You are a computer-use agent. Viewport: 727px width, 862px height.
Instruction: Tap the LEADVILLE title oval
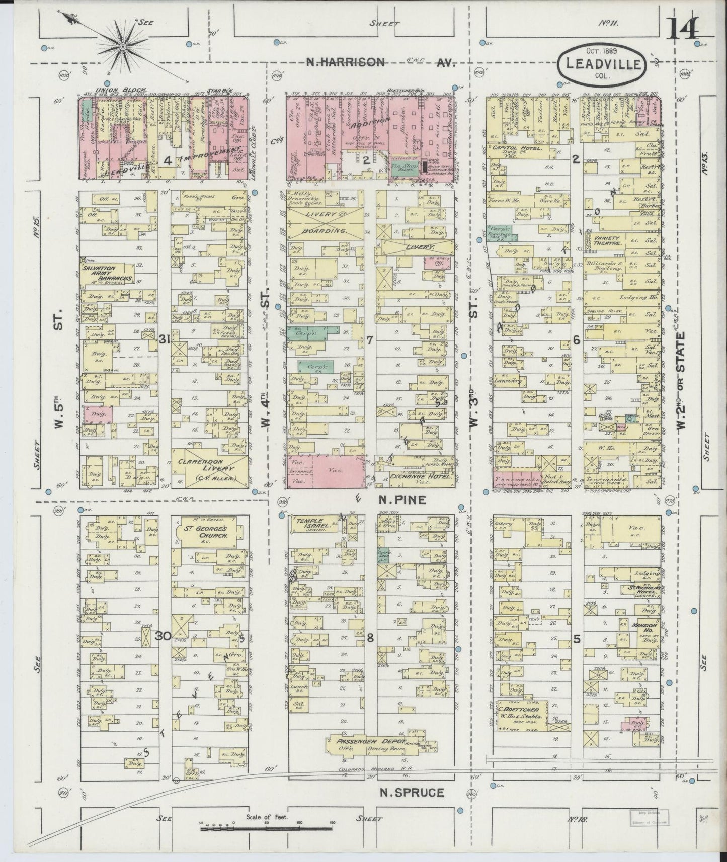603,63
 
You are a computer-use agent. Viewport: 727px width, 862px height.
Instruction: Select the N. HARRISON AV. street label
381,62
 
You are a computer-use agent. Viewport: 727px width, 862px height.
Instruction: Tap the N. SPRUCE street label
411,793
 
